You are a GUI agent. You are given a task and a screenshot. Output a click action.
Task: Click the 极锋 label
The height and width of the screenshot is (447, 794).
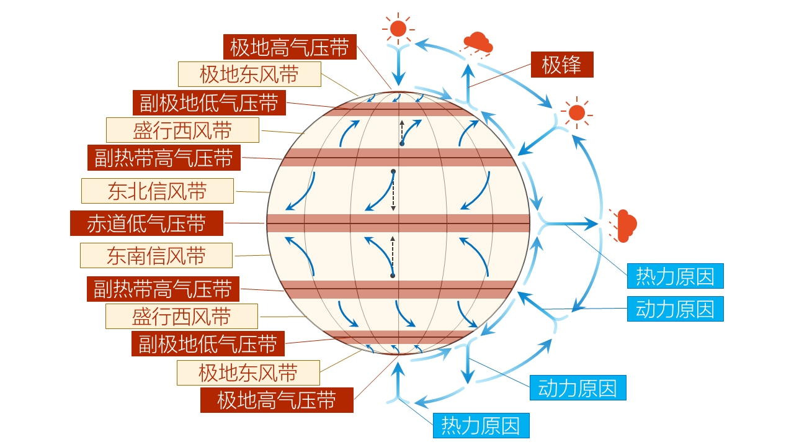[561, 65]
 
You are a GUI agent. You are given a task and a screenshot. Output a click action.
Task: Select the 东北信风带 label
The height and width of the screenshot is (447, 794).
[158, 191]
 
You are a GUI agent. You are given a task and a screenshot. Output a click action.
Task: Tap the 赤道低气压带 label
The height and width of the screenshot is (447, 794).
[146, 223]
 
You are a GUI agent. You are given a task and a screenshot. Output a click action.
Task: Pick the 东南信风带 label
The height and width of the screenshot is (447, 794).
[156, 256]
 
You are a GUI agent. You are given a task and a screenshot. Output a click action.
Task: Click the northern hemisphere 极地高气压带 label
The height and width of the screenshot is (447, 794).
[290, 47]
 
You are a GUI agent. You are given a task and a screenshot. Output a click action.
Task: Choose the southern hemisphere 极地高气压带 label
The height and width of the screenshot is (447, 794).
[277, 400]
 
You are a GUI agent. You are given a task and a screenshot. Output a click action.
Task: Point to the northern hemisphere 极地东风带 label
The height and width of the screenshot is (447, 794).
[249, 74]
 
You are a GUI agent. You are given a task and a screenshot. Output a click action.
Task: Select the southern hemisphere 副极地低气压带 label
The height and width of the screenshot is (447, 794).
[208, 344]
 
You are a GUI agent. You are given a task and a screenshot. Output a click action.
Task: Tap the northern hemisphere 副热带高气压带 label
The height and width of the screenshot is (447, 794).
[164, 158]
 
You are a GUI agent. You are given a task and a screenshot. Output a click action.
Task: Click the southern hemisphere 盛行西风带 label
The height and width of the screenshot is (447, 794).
[182, 317]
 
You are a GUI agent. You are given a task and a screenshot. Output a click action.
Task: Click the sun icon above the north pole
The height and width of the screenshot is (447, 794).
[398, 29]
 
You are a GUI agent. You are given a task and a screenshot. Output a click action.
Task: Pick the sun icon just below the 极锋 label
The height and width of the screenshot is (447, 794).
[577, 112]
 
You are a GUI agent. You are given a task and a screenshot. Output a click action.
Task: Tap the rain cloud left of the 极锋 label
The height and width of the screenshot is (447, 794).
[478, 43]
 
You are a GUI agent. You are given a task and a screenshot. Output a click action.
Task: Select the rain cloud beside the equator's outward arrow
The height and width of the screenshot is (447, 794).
[625, 225]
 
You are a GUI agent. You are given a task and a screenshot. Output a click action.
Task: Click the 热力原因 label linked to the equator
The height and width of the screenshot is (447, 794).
[675, 276]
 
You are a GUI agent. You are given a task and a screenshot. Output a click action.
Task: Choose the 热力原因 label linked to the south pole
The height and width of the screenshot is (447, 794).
[481, 426]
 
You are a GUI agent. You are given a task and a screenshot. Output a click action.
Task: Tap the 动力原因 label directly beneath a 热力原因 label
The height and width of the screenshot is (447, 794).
[675, 309]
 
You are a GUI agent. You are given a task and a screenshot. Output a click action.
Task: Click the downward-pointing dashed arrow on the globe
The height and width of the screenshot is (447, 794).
[393, 191]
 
